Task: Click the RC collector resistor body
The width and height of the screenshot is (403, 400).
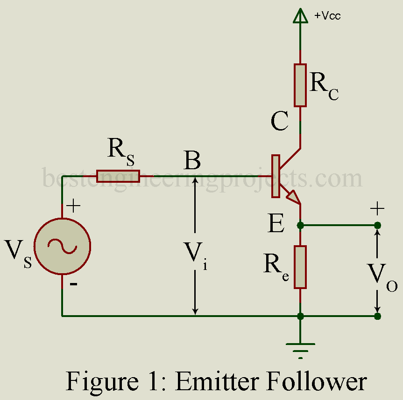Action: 300,85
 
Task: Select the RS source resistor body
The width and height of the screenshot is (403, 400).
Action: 118,176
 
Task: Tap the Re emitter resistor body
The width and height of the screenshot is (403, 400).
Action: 300,267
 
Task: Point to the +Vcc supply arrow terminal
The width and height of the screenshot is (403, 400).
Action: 300,17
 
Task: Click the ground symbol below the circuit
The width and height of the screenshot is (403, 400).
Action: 300,347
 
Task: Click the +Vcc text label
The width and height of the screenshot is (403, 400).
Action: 327,16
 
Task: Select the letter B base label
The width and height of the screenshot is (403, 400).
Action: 192,161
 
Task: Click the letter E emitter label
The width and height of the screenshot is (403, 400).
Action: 276,225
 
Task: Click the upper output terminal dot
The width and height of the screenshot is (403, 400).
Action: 377,226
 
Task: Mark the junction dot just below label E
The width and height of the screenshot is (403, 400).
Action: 300,226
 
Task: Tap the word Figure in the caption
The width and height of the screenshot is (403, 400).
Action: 96,381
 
